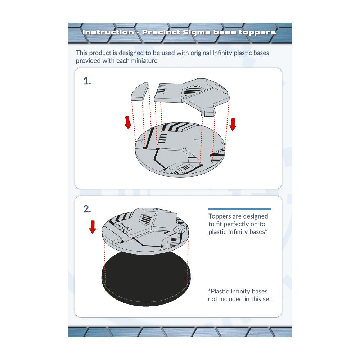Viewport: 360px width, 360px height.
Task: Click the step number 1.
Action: (x=87, y=81)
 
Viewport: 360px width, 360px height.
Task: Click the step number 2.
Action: (x=87, y=209)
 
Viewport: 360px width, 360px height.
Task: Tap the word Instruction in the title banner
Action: (x=108, y=32)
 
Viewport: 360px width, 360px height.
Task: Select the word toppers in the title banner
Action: (x=257, y=33)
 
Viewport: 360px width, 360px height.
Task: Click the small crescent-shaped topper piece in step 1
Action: (x=140, y=91)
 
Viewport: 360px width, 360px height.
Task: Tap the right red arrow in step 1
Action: (x=233, y=124)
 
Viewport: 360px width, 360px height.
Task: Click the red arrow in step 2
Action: (x=93, y=227)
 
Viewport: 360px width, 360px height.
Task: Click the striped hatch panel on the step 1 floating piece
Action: (x=192, y=90)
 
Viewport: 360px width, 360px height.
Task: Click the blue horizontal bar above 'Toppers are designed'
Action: (x=240, y=209)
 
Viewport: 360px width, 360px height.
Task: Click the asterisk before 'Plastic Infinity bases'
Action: (x=210, y=290)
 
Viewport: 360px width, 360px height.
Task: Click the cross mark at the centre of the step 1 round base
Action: (x=198, y=140)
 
